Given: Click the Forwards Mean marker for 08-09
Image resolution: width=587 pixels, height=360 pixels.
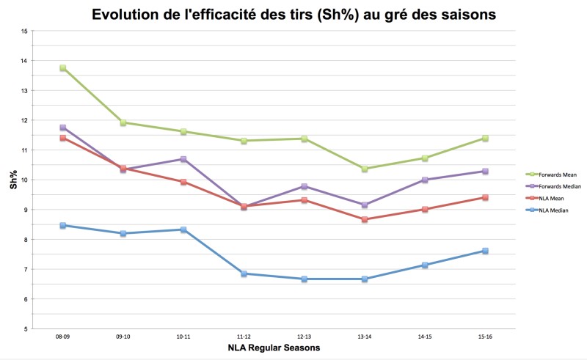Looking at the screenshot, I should tap(63, 68).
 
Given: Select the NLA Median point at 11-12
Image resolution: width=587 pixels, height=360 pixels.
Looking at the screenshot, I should tap(244, 273).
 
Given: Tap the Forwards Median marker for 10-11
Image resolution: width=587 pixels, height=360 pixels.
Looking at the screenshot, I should tap(183, 159).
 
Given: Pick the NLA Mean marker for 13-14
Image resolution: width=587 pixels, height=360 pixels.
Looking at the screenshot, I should tap(365, 219).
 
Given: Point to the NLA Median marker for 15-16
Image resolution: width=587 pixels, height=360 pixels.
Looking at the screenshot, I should tap(485, 251).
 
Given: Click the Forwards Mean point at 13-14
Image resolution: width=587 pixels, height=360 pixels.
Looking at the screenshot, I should tap(365, 169).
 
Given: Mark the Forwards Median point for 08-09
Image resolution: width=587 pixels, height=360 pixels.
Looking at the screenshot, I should tap(63, 128).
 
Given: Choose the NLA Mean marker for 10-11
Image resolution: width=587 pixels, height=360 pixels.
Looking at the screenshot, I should tap(183, 182).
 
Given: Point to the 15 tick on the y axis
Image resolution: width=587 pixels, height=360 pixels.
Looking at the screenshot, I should tap(24, 32).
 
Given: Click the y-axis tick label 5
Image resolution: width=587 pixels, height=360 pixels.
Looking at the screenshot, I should tap(26, 329).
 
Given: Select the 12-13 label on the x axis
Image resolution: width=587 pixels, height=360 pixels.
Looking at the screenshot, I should tap(304, 338).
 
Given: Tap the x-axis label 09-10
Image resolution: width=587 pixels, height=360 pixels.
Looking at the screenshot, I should tap(123, 338).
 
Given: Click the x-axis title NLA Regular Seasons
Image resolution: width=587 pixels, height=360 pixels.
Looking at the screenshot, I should tap(274, 348).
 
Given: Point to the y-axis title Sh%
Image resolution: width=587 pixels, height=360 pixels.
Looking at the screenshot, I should tap(12, 180).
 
